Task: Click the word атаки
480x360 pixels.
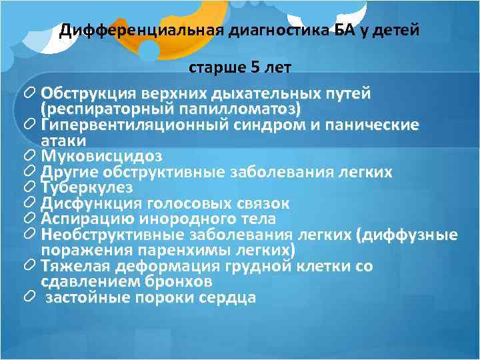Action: coord(63,141)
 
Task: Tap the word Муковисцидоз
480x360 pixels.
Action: coord(101,157)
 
